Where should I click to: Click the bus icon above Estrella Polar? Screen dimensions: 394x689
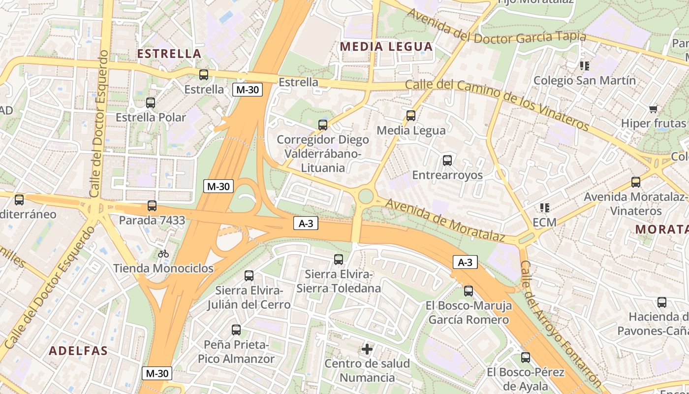[151, 103]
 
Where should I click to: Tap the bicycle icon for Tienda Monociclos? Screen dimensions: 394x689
[163, 254]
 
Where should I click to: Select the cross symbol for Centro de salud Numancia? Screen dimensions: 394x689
[367, 349]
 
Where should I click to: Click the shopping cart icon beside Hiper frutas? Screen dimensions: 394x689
[654, 109]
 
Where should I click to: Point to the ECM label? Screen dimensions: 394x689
[544, 222]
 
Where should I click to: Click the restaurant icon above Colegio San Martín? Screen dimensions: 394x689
[585, 66]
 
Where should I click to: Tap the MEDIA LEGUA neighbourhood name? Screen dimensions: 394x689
[386, 47]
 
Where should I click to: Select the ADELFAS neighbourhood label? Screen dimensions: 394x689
[78, 351]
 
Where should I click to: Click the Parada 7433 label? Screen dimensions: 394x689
[152, 220]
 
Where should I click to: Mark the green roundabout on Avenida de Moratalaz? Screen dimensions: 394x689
[365, 196]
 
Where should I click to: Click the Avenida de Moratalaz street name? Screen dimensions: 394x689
[445, 220]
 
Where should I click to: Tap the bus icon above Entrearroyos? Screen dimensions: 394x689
[447, 161]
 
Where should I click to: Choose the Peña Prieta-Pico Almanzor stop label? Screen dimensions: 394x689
[236, 352]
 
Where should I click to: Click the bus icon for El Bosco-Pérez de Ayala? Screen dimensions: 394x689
[526, 358]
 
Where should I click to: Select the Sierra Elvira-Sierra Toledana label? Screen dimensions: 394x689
[338, 281]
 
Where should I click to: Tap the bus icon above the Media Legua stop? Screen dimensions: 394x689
[411, 116]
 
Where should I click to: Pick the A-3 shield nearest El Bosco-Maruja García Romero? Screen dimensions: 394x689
[465, 263]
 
